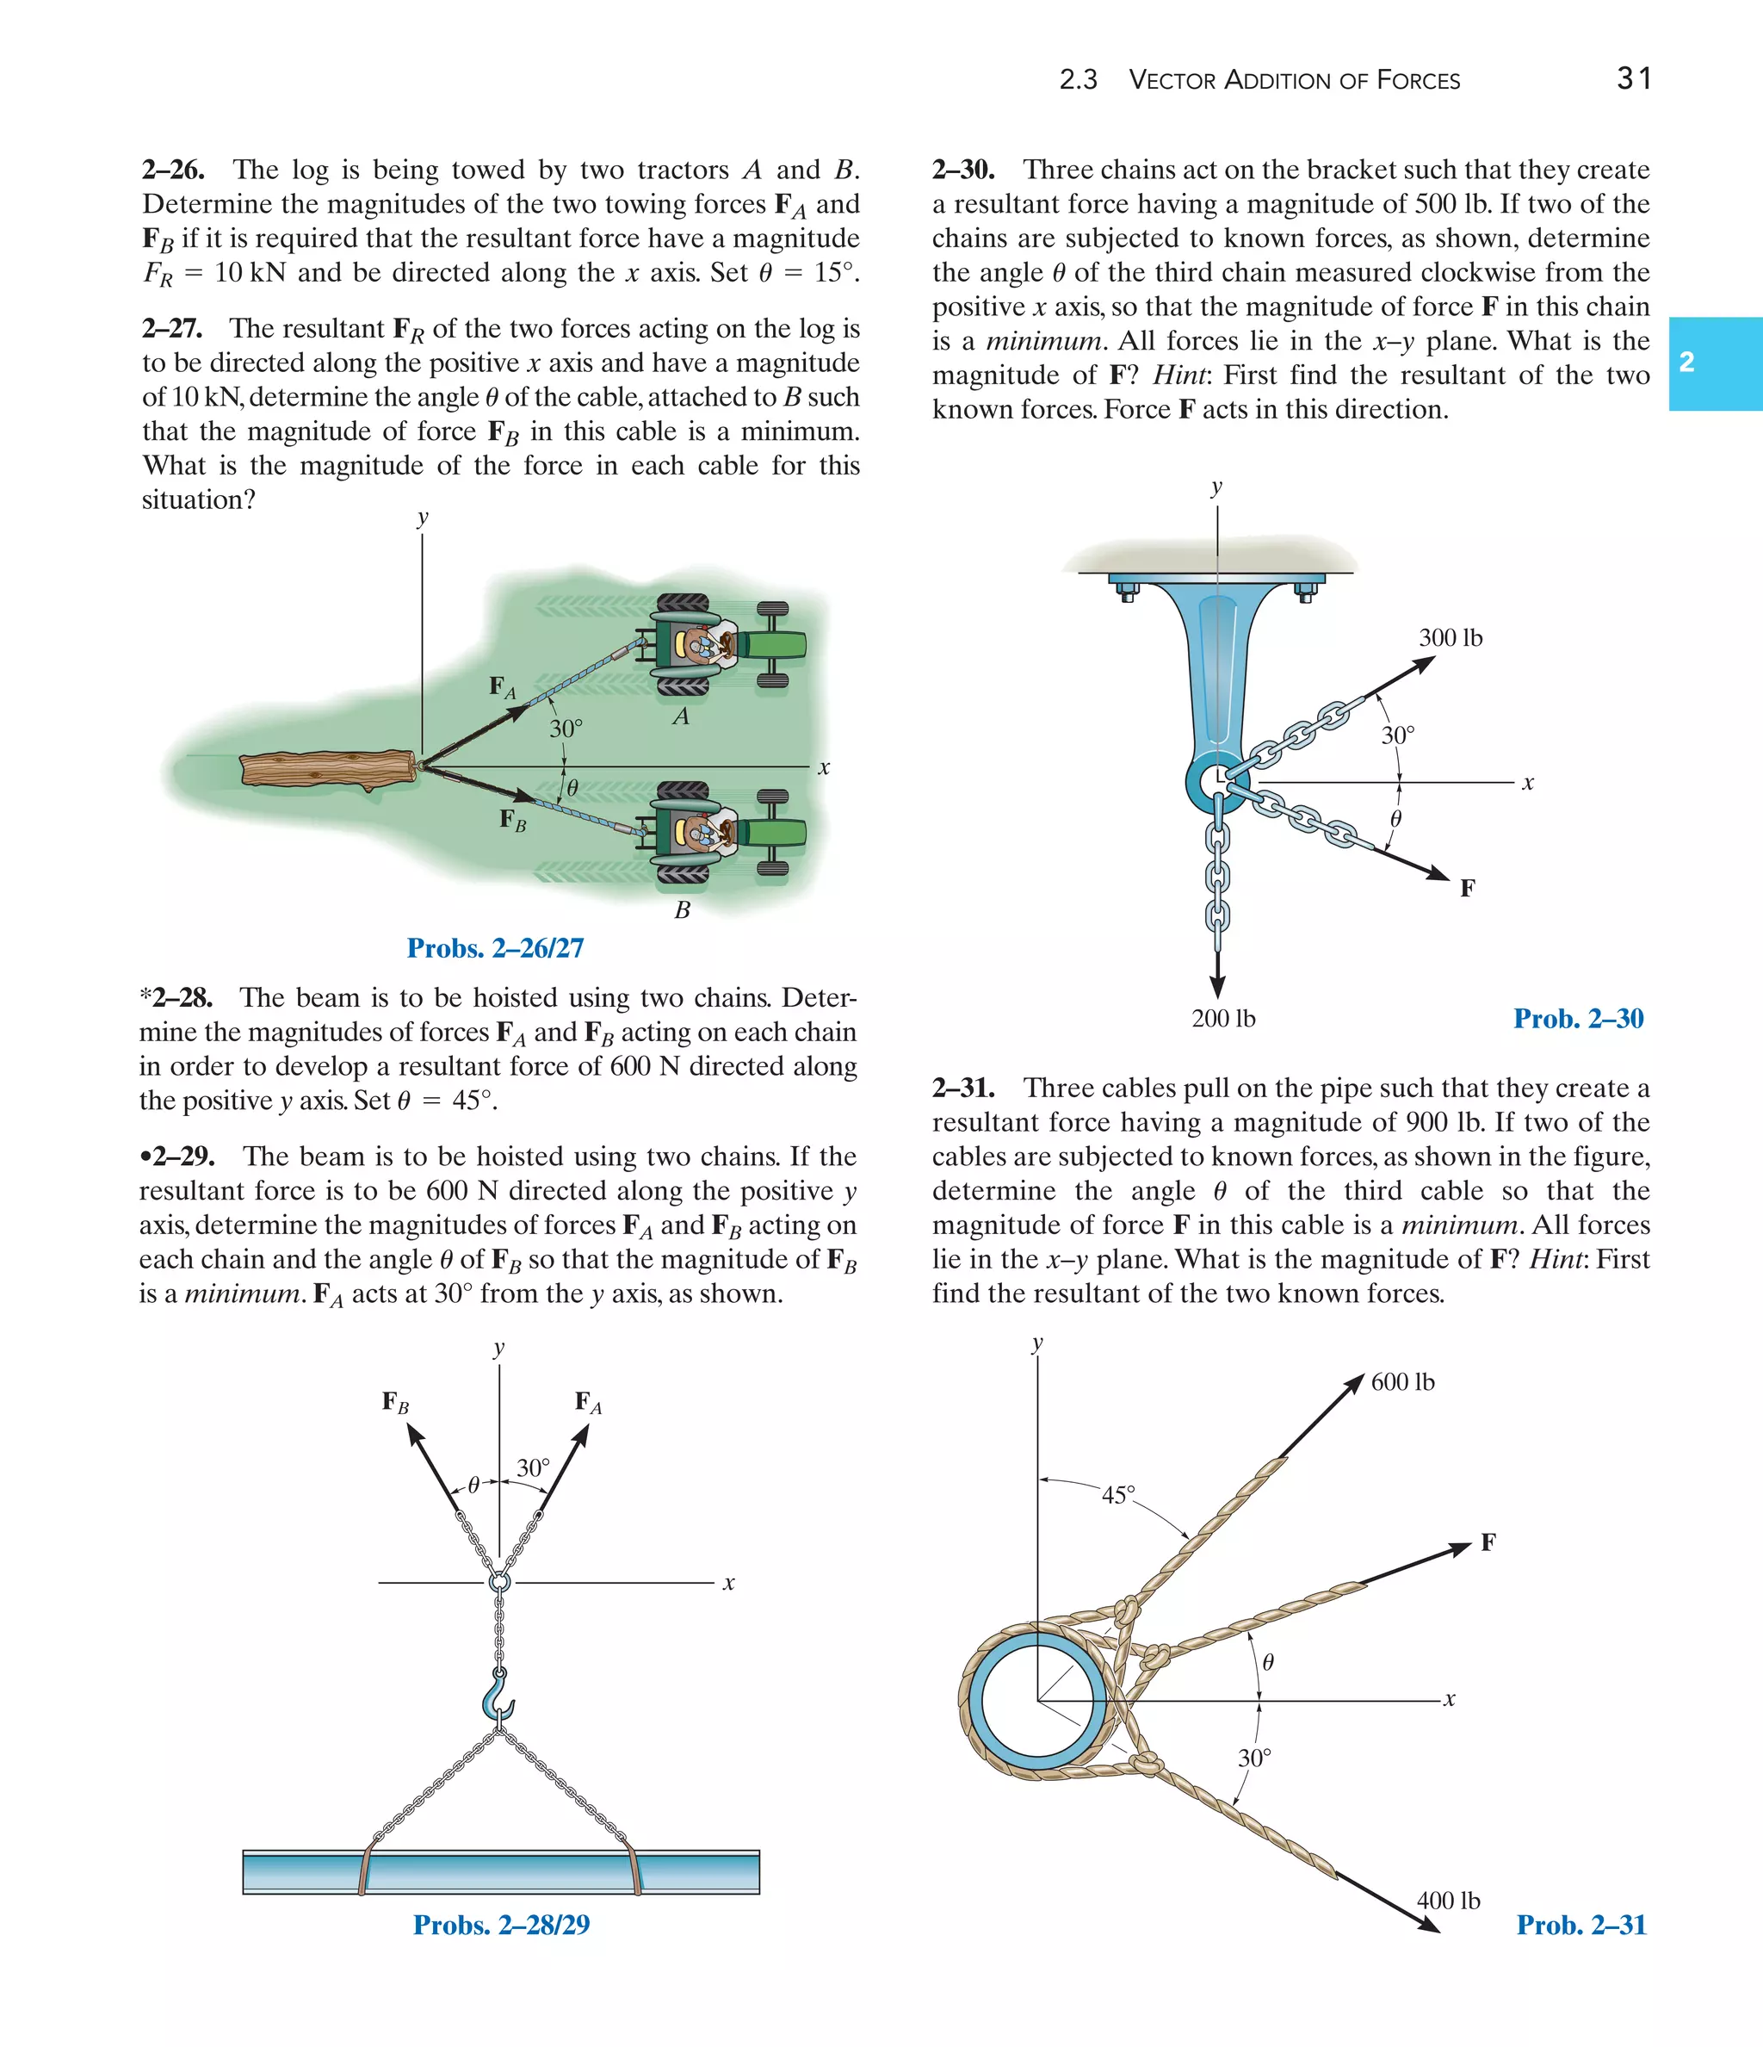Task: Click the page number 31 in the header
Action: [x=1634, y=78]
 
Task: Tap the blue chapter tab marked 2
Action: [x=1715, y=363]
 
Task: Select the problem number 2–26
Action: [x=174, y=170]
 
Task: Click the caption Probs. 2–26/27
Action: [x=495, y=948]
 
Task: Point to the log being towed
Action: [x=327, y=770]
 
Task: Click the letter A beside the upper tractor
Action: [x=681, y=717]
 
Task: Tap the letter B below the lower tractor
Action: [x=683, y=911]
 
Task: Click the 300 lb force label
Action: [x=1450, y=638]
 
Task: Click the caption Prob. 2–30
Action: [x=1577, y=1019]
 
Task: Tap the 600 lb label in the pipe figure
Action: [x=1402, y=1382]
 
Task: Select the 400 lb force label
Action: [x=1448, y=1901]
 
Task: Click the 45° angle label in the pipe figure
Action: [x=1118, y=1495]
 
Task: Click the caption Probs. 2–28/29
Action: [x=501, y=1926]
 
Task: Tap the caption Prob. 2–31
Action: [x=1581, y=1926]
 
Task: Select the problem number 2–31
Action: [x=963, y=1088]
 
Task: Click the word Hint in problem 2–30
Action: [x=1180, y=375]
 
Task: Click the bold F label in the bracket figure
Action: [x=1468, y=888]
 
